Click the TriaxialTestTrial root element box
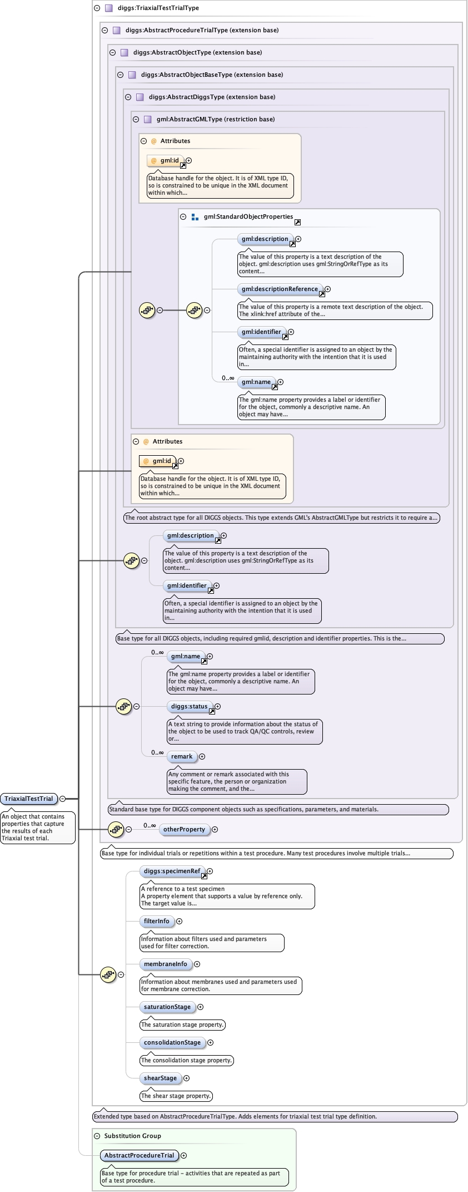tap(29, 799)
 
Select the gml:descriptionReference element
tap(280, 289)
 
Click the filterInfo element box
tap(157, 921)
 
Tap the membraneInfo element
tap(165, 964)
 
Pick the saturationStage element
tap(167, 1007)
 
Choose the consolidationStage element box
tap(172, 1042)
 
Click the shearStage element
tap(160, 1078)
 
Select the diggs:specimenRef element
tap(172, 871)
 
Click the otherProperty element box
tap(184, 829)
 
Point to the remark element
tap(182, 756)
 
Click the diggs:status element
tap(189, 706)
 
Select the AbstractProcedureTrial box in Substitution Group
tap(140, 1155)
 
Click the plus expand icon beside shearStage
tap(187, 1078)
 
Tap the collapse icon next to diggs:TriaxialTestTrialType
tap(97, 8)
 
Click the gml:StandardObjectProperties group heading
tap(248, 216)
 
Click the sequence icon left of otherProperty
tap(116, 829)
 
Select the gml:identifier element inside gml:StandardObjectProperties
tap(261, 332)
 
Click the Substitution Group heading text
tap(132, 1136)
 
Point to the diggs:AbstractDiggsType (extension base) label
tap(212, 97)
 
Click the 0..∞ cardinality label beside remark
tap(157, 752)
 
